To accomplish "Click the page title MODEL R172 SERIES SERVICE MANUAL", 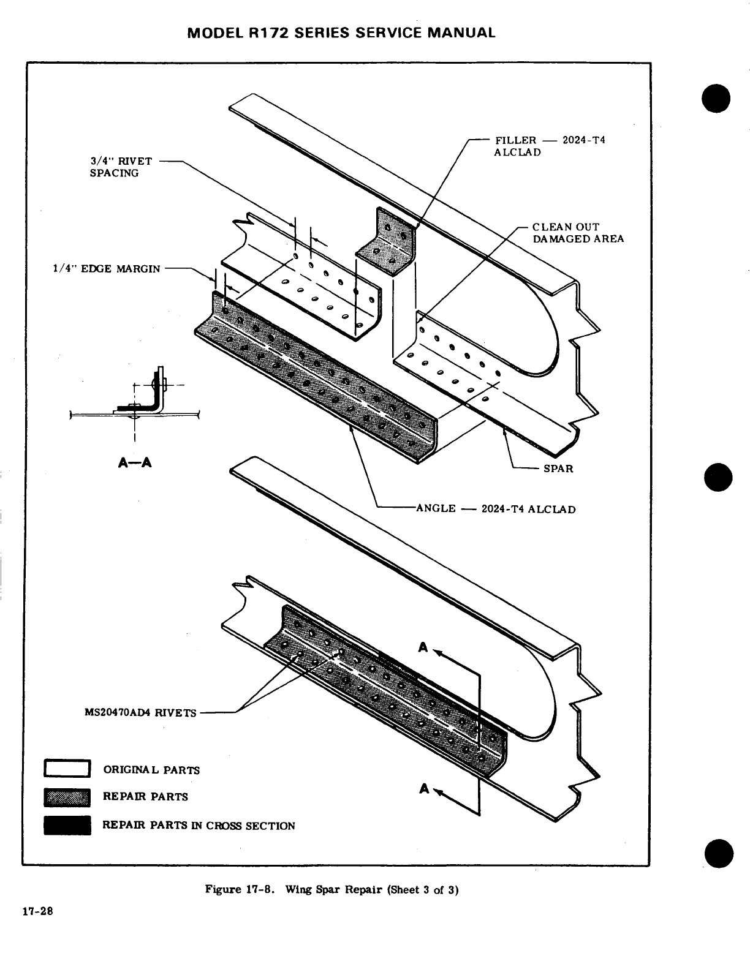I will pyautogui.click(x=341, y=32).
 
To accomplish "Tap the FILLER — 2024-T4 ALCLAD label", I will pyautogui.click(x=549, y=146).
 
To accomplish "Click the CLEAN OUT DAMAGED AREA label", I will pyautogui.click(x=577, y=233).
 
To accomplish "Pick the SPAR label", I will pyautogui.click(x=558, y=469).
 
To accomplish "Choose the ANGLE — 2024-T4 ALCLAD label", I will pyautogui.click(x=496, y=508).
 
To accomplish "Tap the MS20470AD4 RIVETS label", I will pyautogui.click(x=140, y=712).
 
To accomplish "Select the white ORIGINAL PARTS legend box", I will pyautogui.click(x=67, y=769).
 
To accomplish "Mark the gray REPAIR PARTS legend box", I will pyautogui.click(x=67, y=797).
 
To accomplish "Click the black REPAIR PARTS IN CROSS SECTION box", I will pyautogui.click(x=67, y=825).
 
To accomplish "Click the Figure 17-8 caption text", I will pyautogui.click(x=331, y=889).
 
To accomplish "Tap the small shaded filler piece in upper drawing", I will pyautogui.click(x=388, y=242).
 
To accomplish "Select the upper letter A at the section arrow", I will pyautogui.click(x=423, y=647).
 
